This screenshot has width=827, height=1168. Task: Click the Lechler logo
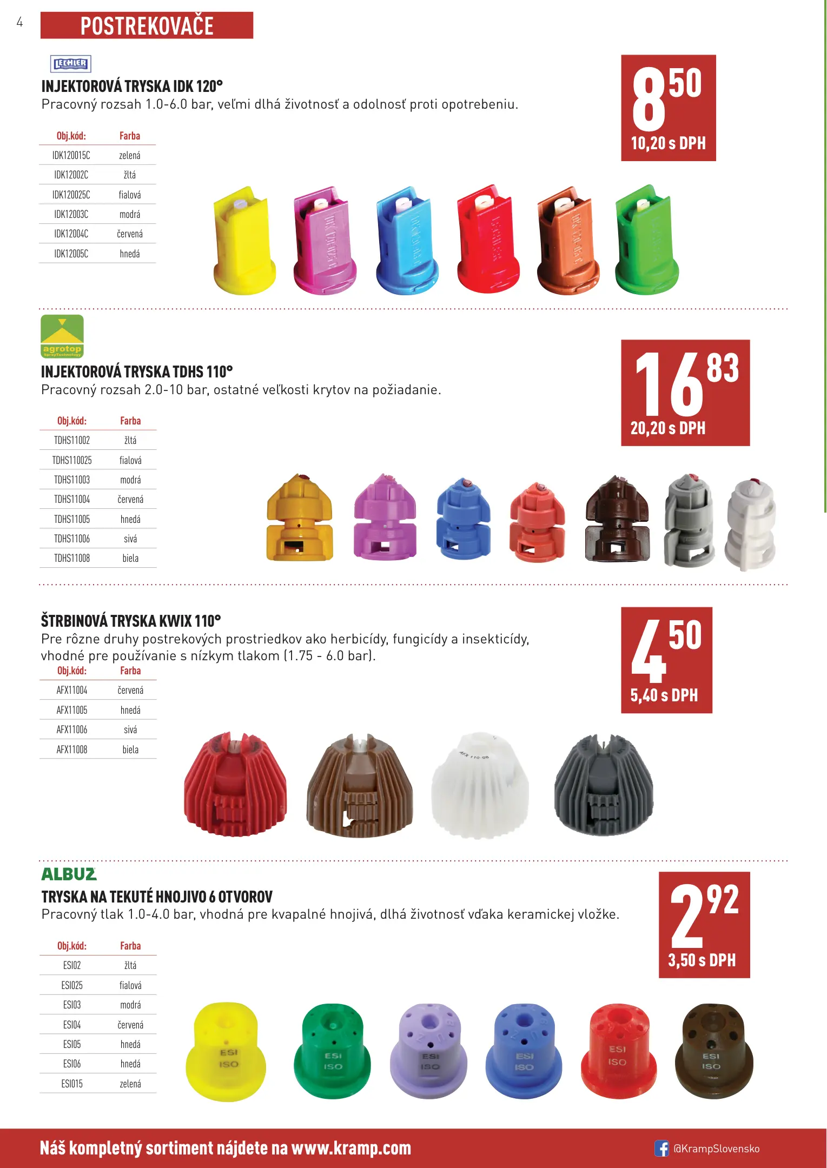pos(70,64)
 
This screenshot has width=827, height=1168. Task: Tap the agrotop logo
pos(62,336)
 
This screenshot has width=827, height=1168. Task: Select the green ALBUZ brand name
pos(69,874)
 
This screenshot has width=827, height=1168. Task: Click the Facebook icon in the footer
pos(661,1148)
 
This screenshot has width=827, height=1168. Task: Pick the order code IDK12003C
pos(71,214)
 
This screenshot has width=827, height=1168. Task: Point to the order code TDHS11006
pos(72,539)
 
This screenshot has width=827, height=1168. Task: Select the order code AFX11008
pos(72,749)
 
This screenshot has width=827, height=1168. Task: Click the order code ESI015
pos(72,1084)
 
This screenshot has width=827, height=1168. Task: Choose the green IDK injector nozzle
pos(646,241)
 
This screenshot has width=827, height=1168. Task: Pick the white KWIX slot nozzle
pos(480,785)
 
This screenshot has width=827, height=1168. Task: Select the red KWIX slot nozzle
pos(235,784)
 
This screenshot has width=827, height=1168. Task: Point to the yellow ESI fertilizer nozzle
pos(226,1052)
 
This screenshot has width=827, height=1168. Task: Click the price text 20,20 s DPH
pos(668,428)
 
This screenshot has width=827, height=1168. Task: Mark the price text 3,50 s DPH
pos(702,960)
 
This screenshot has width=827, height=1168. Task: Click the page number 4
pos(20,22)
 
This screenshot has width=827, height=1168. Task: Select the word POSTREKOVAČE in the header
pos(147,26)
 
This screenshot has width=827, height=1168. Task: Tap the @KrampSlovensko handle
pos(716,1149)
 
